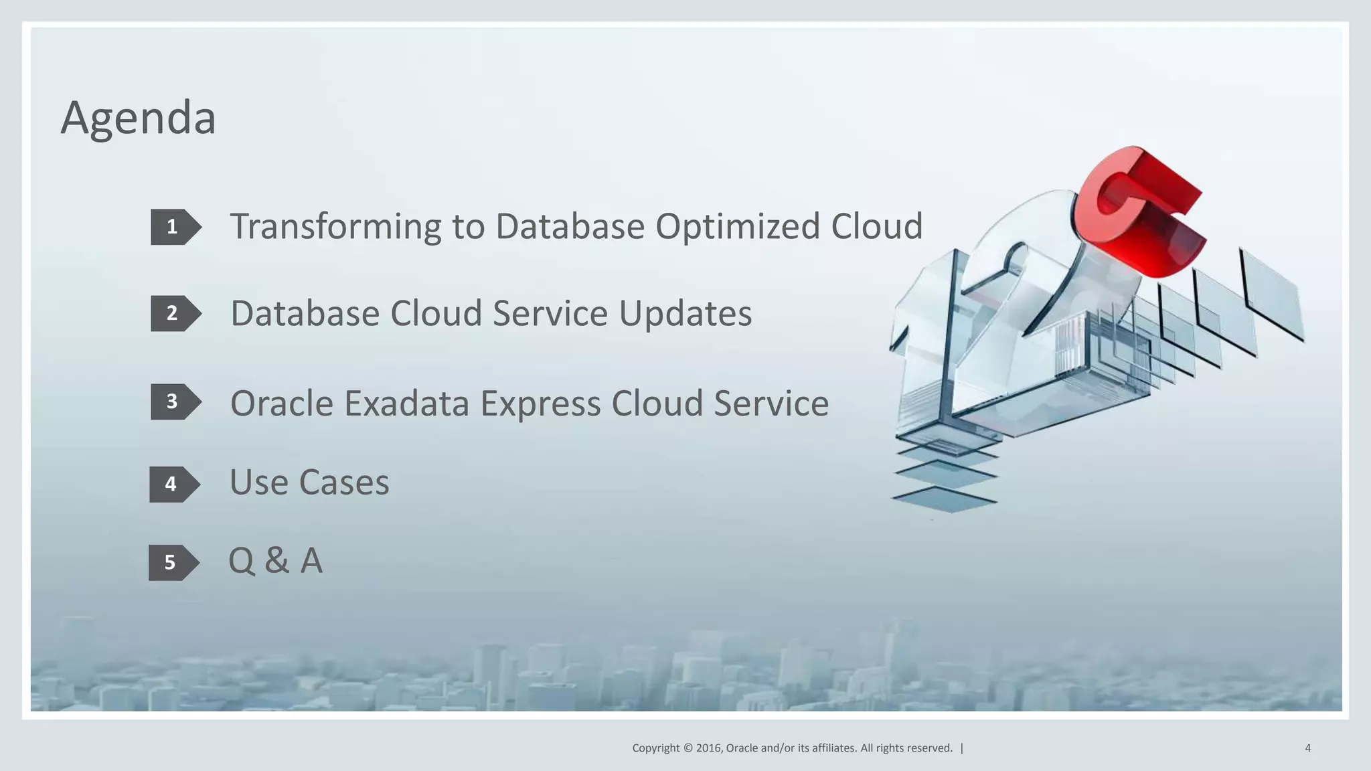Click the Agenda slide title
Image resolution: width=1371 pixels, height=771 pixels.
(x=138, y=118)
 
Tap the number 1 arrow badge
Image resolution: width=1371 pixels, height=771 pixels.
(x=175, y=227)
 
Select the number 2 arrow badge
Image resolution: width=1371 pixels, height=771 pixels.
(x=175, y=313)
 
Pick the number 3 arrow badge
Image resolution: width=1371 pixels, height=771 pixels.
(x=175, y=402)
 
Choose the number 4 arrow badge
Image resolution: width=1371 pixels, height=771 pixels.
(x=173, y=484)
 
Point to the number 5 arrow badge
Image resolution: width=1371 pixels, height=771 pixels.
(x=173, y=562)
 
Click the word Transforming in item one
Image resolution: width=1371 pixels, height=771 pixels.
(x=335, y=227)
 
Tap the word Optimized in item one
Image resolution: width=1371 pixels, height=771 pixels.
(x=737, y=227)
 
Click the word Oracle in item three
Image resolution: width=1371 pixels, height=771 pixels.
(x=282, y=404)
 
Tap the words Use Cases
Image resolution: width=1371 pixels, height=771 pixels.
(x=309, y=483)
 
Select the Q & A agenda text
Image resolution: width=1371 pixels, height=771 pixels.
(x=275, y=561)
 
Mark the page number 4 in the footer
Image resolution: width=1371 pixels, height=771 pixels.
(x=1307, y=748)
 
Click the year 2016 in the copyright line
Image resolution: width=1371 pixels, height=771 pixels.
(x=708, y=748)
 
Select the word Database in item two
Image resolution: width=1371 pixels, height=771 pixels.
(x=304, y=314)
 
